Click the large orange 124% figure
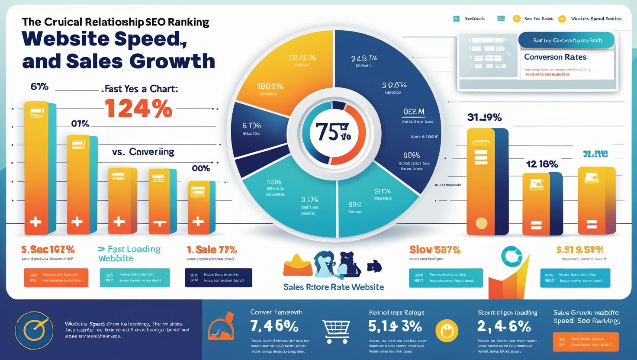pyautogui.click(x=138, y=108)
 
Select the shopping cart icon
pyautogui.click(x=336, y=331)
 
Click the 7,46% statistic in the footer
pyautogui.click(x=274, y=326)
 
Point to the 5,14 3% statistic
pyautogui.click(x=395, y=326)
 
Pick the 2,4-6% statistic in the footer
pyautogui.click(x=504, y=326)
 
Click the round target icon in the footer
pyautogui.click(x=34, y=331)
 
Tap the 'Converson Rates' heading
pyautogui.click(x=555, y=57)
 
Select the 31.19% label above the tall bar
pyautogui.click(x=484, y=117)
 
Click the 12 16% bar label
pyautogui.click(x=542, y=164)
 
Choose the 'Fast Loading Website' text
pyautogui.click(x=129, y=254)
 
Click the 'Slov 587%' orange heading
pyautogui.click(x=434, y=250)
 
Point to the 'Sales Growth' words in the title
pyautogui.click(x=119, y=61)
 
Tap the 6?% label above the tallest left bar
pyautogui.click(x=39, y=87)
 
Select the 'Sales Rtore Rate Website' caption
pyautogui.click(x=333, y=287)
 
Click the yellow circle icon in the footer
pyautogui.click(x=447, y=331)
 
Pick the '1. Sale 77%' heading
pyautogui.click(x=212, y=250)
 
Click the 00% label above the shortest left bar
pyautogui.click(x=201, y=169)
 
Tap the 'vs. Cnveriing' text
pyautogui.click(x=143, y=152)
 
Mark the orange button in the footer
pyautogui.click(x=586, y=342)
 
